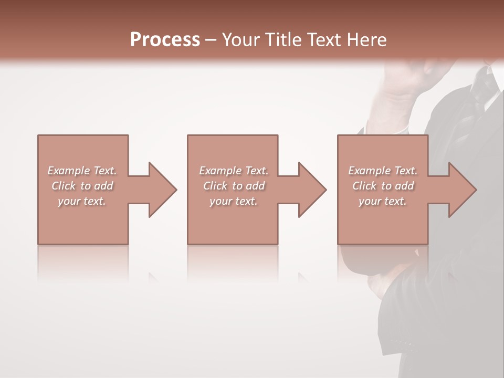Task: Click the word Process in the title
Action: click(165, 40)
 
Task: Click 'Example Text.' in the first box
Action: click(82, 171)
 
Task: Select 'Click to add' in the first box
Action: click(82, 186)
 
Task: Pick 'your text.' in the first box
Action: click(82, 201)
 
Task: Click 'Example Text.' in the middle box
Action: click(234, 171)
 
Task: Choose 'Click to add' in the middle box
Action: click(234, 186)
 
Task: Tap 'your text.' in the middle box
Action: click(234, 201)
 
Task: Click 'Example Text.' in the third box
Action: click(383, 171)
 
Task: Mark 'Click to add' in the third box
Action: click(383, 186)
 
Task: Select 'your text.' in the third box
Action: click(383, 201)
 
